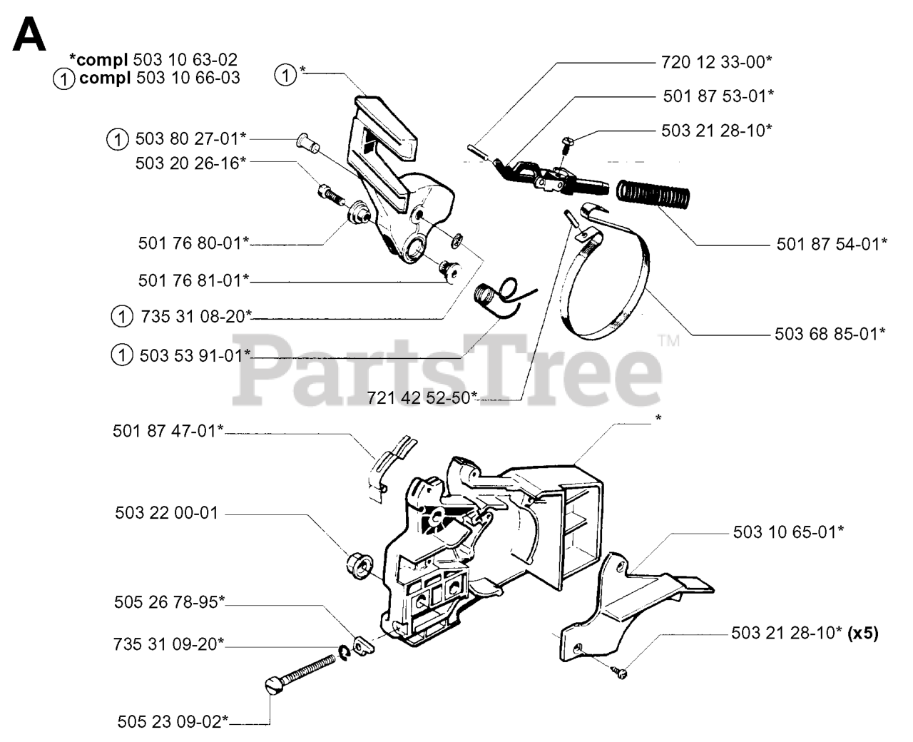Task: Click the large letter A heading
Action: (29, 35)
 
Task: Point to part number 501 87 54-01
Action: (832, 244)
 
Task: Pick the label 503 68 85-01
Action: (830, 333)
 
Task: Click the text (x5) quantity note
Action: (862, 633)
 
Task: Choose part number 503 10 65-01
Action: (788, 532)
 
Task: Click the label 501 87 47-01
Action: (168, 430)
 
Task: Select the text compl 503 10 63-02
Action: (153, 60)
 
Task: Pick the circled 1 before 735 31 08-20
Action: (122, 315)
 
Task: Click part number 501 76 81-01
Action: (193, 280)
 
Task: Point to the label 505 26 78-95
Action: (169, 602)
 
